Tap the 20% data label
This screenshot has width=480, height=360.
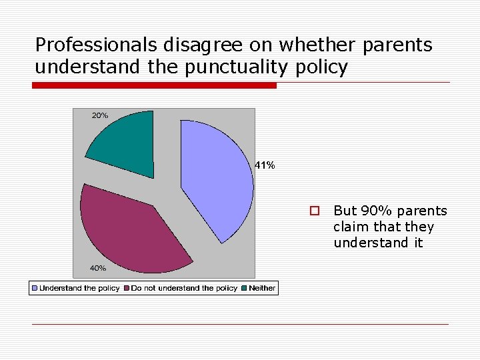point(100,115)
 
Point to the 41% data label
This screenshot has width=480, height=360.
point(265,165)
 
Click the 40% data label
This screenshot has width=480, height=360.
point(98,268)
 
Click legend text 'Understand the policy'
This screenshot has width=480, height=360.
point(79,288)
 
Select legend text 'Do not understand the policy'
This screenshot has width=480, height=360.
point(184,288)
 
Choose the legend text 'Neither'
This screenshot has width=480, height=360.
point(262,288)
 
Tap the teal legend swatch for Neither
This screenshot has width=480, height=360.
point(245,288)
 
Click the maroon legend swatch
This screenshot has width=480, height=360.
point(127,288)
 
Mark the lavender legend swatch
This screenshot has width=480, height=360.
point(35,288)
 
